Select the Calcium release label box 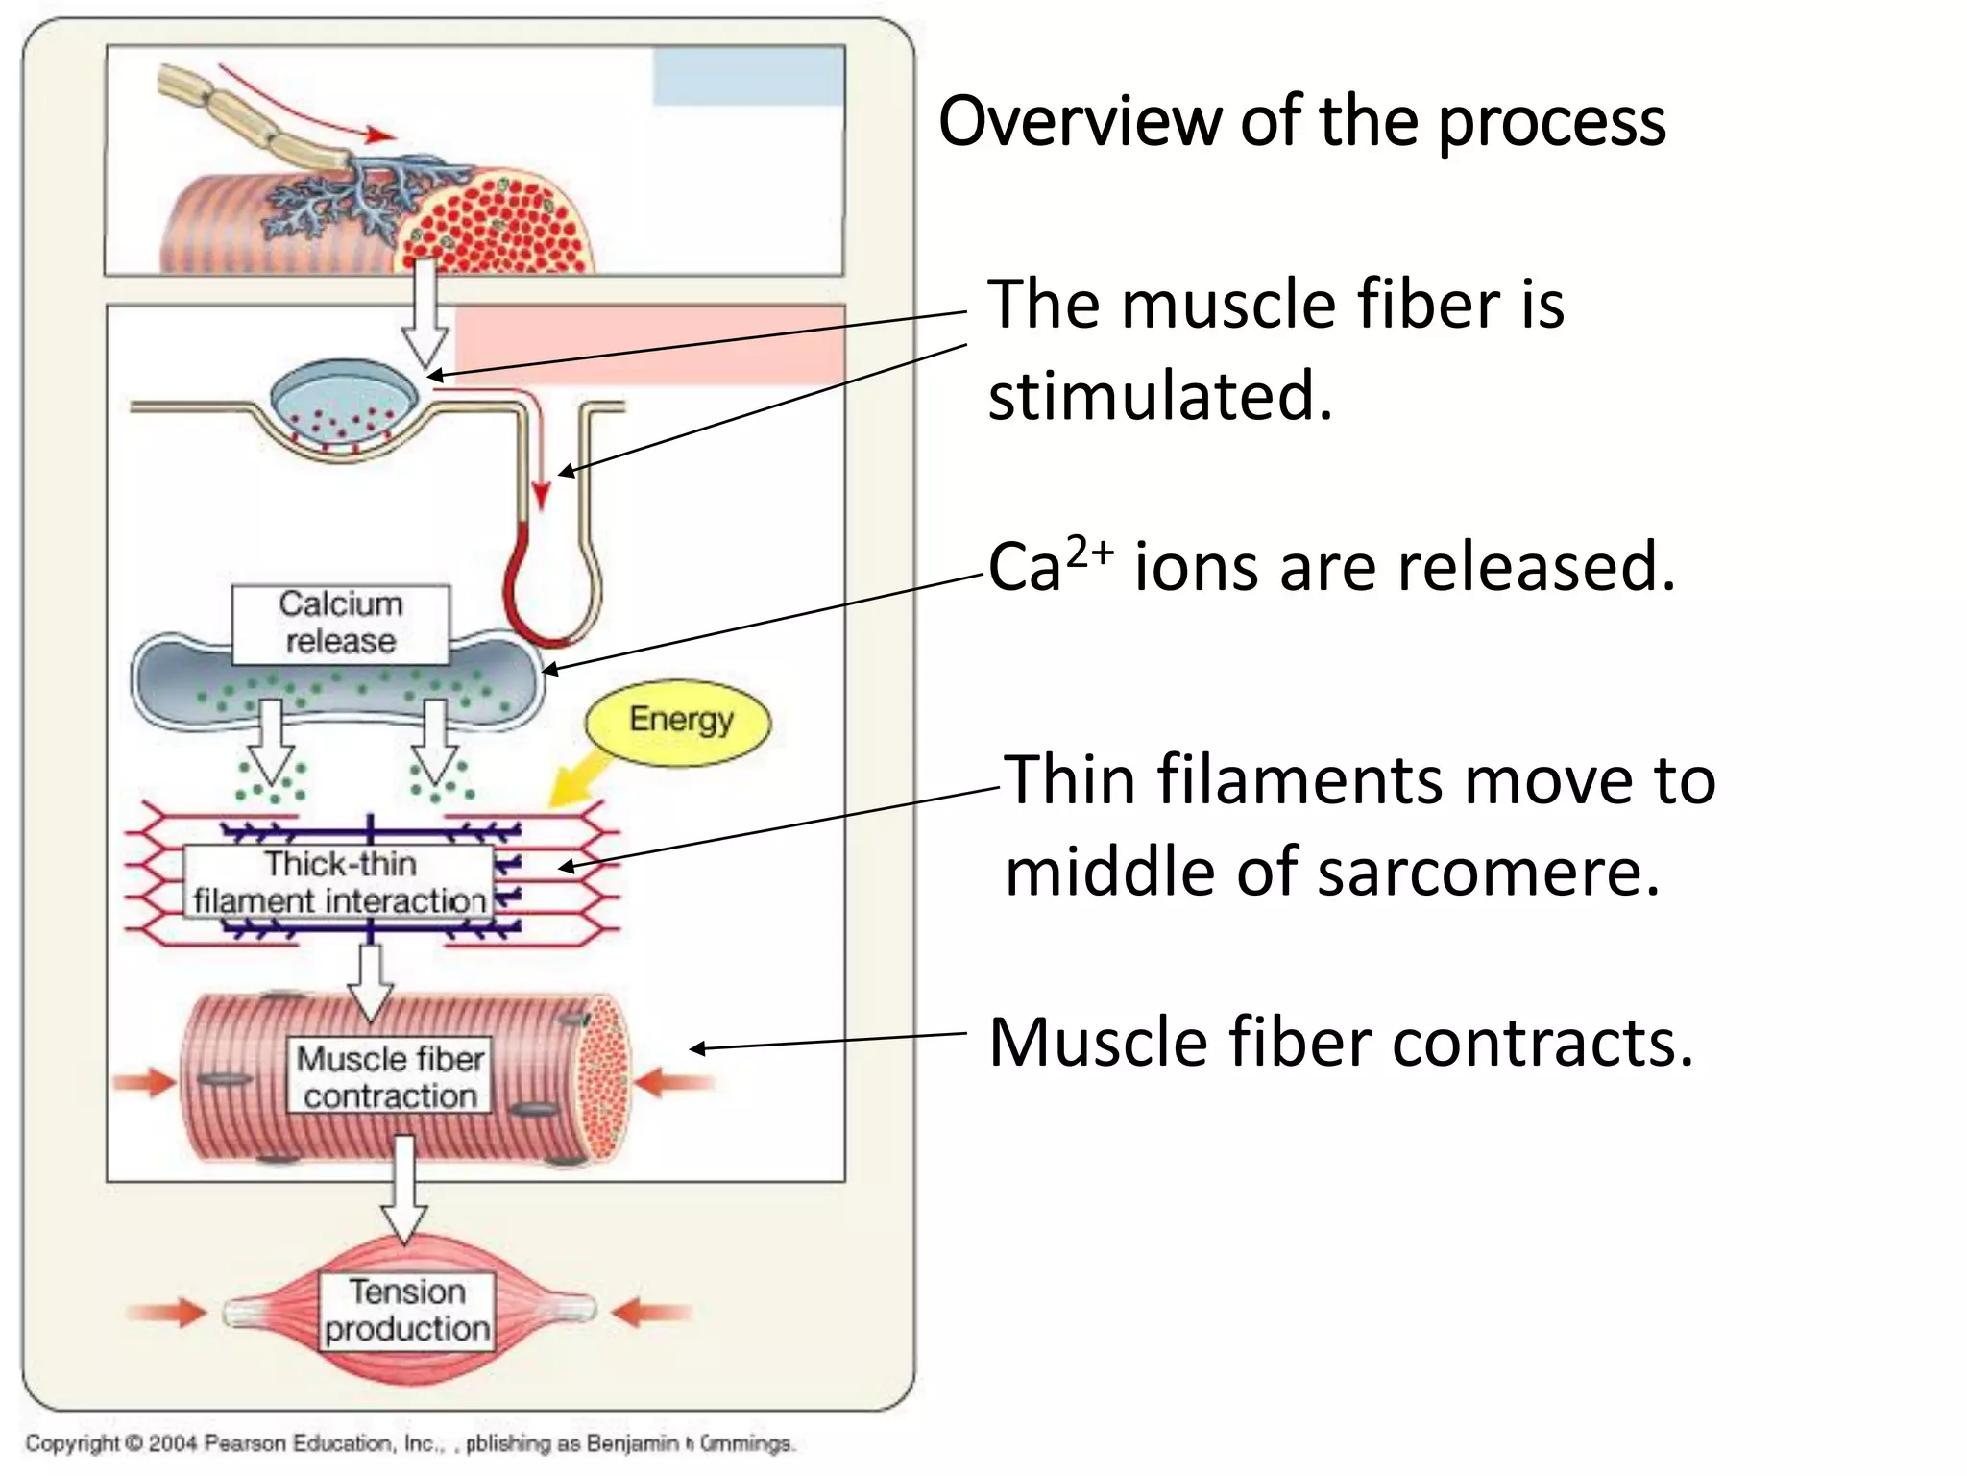[x=340, y=624]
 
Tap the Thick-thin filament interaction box [x=338, y=882]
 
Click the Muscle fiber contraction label [x=390, y=1076]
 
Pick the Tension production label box [x=407, y=1311]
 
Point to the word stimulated [x=1160, y=397]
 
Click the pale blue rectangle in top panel [x=748, y=77]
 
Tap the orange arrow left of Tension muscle [x=167, y=1312]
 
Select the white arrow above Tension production [x=404, y=1192]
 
